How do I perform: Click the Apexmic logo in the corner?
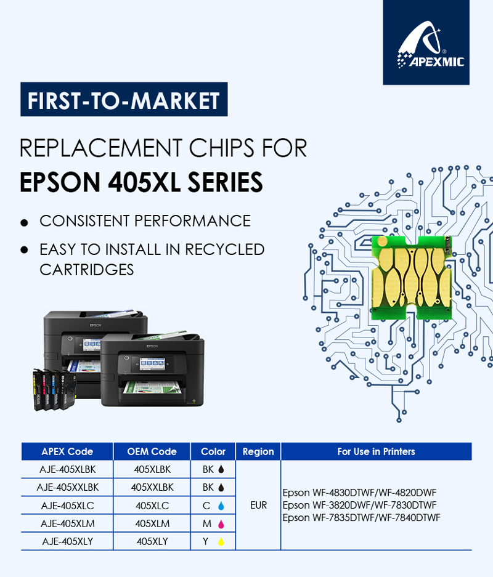point(426,42)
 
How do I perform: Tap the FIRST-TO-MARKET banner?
point(124,99)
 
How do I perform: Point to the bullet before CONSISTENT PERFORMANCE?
point(24,222)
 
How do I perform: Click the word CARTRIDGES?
point(86,270)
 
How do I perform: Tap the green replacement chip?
point(412,278)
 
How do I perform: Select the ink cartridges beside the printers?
point(54,389)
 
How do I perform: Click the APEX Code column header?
point(67,451)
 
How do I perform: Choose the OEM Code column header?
point(152,451)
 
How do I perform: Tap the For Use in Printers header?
point(377,451)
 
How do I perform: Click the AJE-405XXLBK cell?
point(68,487)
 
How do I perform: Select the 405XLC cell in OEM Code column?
point(152,506)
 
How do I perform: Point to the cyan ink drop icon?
point(221,506)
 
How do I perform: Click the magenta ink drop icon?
point(221,524)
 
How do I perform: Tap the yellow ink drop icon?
point(221,542)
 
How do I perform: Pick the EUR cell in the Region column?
point(258,505)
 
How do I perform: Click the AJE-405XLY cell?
point(68,542)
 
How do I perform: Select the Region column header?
point(258,451)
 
